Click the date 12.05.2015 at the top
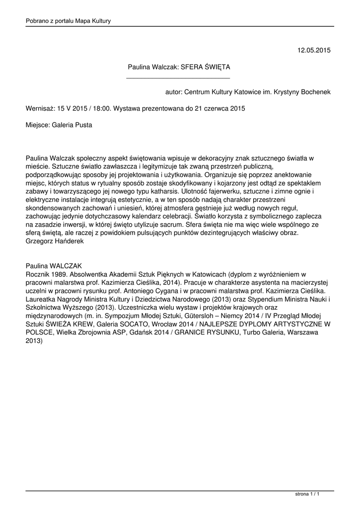[x=314, y=50]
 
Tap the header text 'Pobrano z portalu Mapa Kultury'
[x=68, y=21]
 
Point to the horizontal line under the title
[x=178, y=78]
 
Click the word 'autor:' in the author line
[x=174, y=92]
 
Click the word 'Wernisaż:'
[x=40, y=108]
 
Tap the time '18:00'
[x=101, y=108]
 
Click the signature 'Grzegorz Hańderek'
[x=55, y=241]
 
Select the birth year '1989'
[x=58, y=274]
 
